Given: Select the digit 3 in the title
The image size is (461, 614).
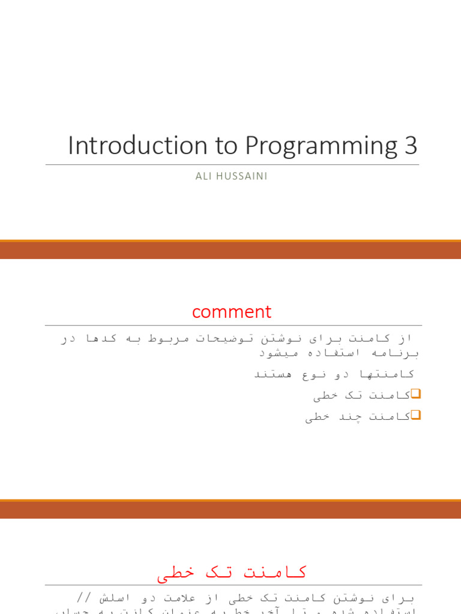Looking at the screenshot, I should (x=411, y=146).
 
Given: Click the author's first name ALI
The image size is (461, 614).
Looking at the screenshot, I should (x=204, y=176).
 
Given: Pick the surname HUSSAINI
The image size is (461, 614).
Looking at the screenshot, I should (x=242, y=176).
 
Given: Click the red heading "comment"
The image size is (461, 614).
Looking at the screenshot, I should (x=232, y=312).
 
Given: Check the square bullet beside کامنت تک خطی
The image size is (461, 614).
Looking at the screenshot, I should (x=416, y=394).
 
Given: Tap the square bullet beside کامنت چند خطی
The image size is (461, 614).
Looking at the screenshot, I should (x=416, y=415).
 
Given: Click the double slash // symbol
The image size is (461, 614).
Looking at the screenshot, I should (x=83, y=598).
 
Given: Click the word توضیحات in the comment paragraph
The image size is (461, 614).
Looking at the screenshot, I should (x=221, y=338).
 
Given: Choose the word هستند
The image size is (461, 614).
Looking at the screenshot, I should (x=274, y=374).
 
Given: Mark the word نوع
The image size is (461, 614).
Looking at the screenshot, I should (x=315, y=374).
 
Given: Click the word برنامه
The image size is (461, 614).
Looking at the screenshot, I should (x=397, y=353).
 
